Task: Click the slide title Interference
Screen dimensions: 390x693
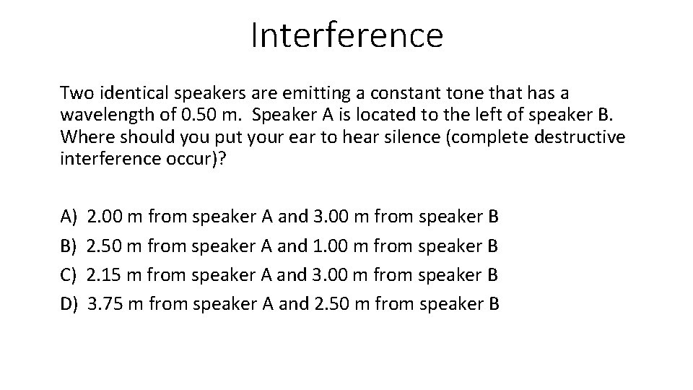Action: click(346, 35)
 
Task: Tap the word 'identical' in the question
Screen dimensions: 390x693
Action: click(126, 93)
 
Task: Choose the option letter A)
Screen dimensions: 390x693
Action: click(69, 216)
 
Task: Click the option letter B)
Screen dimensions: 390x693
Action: click(69, 246)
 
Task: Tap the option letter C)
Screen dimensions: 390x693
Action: click(69, 274)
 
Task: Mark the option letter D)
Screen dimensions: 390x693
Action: click(69, 303)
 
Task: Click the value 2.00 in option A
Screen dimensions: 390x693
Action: click(105, 216)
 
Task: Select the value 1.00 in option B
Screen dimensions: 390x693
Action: click(333, 246)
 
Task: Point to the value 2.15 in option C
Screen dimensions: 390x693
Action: click(105, 274)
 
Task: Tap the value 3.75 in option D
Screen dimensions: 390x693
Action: click(105, 303)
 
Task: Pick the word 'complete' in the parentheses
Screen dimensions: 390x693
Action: click(454, 136)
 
